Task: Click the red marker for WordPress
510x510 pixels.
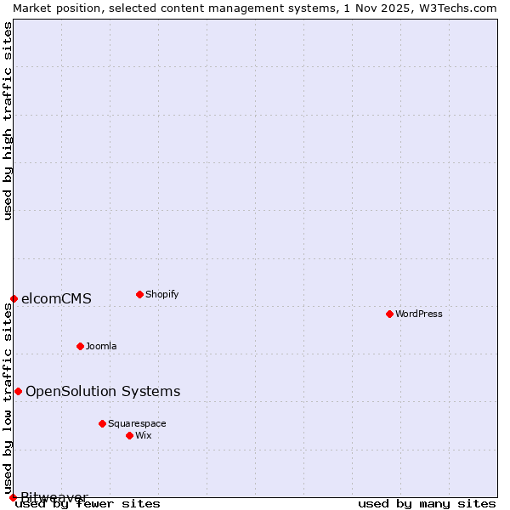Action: (x=389, y=314)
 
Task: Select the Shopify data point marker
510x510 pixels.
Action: (x=139, y=294)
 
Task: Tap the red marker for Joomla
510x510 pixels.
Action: (x=80, y=346)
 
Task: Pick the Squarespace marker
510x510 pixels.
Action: (x=102, y=423)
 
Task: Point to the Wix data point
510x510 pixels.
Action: (x=129, y=435)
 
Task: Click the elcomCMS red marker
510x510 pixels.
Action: (x=14, y=298)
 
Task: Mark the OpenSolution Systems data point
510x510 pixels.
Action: (x=18, y=391)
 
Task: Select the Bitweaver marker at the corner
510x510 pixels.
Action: (x=13, y=497)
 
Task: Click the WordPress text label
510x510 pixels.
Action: (x=419, y=314)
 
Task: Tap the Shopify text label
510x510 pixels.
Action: (x=161, y=294)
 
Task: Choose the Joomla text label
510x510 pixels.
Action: (x=101, y=346)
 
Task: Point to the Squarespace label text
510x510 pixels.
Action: (x=137, y=423)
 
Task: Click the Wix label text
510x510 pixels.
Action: (x=143, y=435)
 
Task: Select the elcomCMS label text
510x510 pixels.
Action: (x=56, y=298)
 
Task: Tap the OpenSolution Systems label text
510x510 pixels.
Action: (x=103, y=391)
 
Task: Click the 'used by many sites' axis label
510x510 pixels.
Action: (x=427, y=504)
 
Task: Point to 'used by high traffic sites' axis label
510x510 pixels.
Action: (x=8, y=121)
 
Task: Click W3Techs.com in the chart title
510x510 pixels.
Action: (x=460, y=8)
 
